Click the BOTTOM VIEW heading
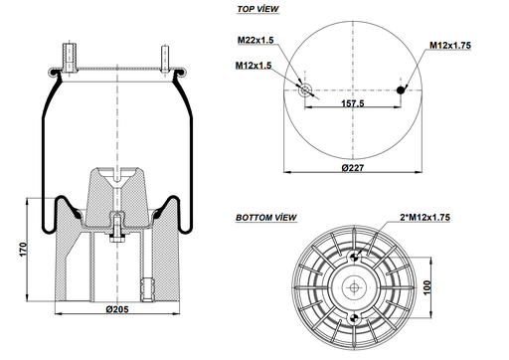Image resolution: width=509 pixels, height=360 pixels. [265, 216]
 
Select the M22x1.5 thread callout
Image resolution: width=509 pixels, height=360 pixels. [256, 40]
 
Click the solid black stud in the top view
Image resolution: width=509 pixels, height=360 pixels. [402, 90]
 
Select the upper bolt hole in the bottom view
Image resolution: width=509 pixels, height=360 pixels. [353, 256]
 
